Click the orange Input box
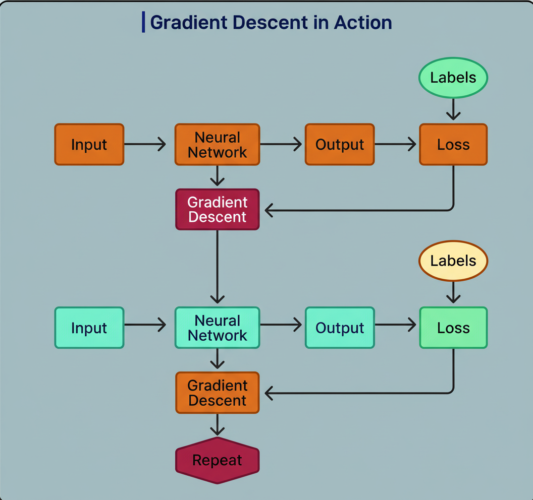[89, 145]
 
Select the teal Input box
[89, 328]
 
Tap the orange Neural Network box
[217, 145]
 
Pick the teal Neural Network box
[217, 328]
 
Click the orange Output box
[340, 145]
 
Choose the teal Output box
[340, 328]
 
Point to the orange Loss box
[453, 145]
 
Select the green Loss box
[453, 328]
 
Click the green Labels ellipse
[453, 78]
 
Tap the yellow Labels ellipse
[453, 261]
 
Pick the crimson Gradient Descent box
[217, 209]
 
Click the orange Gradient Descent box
[217, 393]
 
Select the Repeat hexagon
[217, 460]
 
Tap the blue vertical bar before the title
[143, 23]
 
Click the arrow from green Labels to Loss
[453, 109]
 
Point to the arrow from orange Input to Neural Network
[145, 145]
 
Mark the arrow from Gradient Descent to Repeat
[217, 424]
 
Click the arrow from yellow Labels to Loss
[453, 292]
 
